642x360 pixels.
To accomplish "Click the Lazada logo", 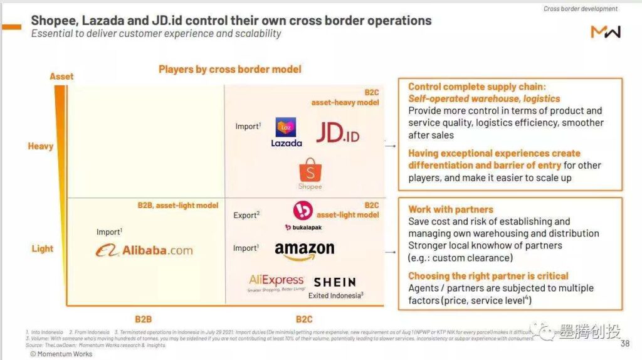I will pyautogui.click(x=286, y=132).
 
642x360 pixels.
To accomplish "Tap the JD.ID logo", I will pyautogui.click(x=337, y=132).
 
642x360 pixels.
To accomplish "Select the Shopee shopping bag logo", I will pyautogui.click(x=310, y=173).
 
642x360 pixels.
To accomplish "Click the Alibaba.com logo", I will pyautogui.click(x=144, y=250).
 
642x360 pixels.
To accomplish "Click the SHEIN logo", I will pyautogui.click(x=334, y=282).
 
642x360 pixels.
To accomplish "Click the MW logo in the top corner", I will pyautogui.click(x=605, y=31).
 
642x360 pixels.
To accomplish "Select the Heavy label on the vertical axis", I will pyautogui.click(x=40, y=146).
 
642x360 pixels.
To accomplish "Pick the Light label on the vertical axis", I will pyautogui.click(x=42, y=248).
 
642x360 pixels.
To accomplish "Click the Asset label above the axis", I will pyautogui.click(x=61, y=76).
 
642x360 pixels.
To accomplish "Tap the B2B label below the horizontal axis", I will pyautogui.click(x=144, y=319).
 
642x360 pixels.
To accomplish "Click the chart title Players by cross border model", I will pyautogui.click(x=229, y=69).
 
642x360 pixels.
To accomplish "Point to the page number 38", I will pyautogui.click(x=624, y=344).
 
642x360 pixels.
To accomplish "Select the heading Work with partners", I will pyautogui.click(x=450, y=209).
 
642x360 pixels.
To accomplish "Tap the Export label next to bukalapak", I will pyautogui.click(x=246, y=215).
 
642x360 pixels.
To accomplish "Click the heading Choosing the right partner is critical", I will pyautogui.click(x=488, y=276).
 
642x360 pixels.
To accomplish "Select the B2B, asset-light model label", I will pyautogui.click(x=177, y=205).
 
